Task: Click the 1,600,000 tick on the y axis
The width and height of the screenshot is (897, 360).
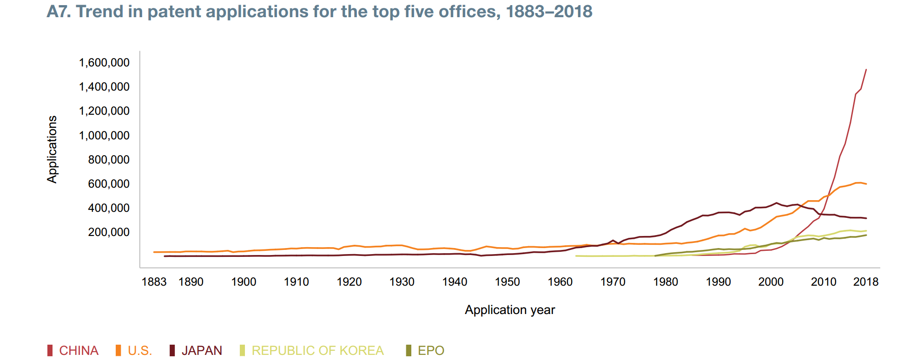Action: [104, 63]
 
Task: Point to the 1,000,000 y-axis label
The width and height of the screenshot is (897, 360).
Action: [104, 136]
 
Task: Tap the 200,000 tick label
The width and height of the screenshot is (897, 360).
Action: [109, 232]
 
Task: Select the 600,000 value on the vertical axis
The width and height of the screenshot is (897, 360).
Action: [109, 184]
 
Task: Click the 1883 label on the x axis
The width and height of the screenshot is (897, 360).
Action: [154, 282]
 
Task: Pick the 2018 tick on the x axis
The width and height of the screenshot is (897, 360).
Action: [865, 282]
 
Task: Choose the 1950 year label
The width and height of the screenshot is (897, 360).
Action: [507, 282]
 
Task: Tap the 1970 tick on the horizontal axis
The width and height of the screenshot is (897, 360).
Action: [613, 282]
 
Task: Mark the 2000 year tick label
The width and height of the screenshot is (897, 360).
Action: [771, 282]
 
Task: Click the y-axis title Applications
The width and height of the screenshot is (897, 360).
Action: [52, 149]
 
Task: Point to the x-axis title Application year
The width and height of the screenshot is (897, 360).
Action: [510, 310]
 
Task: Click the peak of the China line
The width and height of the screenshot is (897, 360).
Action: [866, 70]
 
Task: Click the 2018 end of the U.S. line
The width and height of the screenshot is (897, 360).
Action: [866, 184]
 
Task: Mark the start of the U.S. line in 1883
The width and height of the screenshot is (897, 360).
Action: [154, 252]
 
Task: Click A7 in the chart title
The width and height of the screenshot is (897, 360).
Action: [59, 12]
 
